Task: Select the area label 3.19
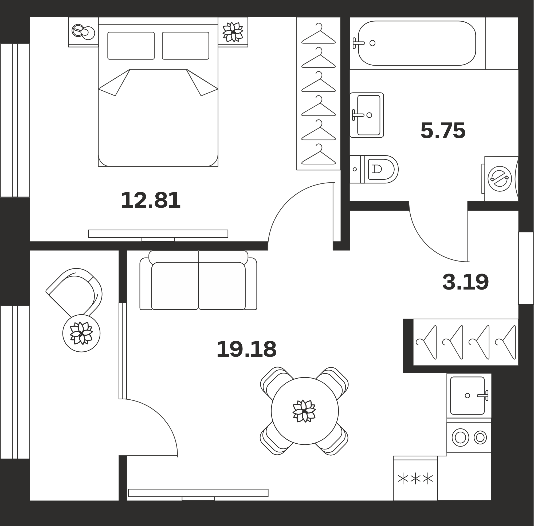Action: (x=465, y=282)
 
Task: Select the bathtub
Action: (x=417, y=43)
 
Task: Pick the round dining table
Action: (x=305, y=411)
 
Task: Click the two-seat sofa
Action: (x=198, y=280)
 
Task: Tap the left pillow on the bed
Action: (x=131, y=46)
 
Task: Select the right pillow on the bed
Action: (x=186, y=46)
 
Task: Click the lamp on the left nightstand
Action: (x=83, y=32)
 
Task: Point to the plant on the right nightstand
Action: (x=233, y=32)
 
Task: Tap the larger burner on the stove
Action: (x=461, y=437)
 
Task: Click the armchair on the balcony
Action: (x=74, y=293)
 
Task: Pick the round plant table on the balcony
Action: (x=81, y=333)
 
